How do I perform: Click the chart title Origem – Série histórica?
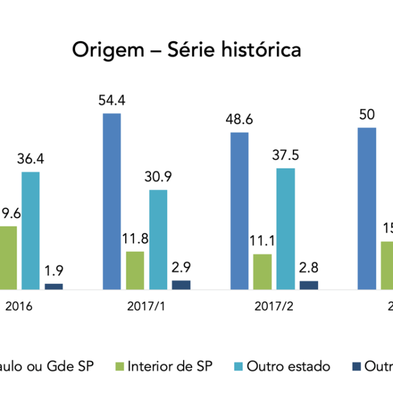point(187,49)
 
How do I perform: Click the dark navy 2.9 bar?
point(181,284)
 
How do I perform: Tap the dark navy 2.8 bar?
point(309,284)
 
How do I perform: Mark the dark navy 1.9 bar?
point(53,286)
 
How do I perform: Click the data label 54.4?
point(112,100)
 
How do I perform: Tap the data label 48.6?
point(239,119)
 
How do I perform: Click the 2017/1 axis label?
point(146,306)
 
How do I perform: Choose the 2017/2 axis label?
point(274,306)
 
